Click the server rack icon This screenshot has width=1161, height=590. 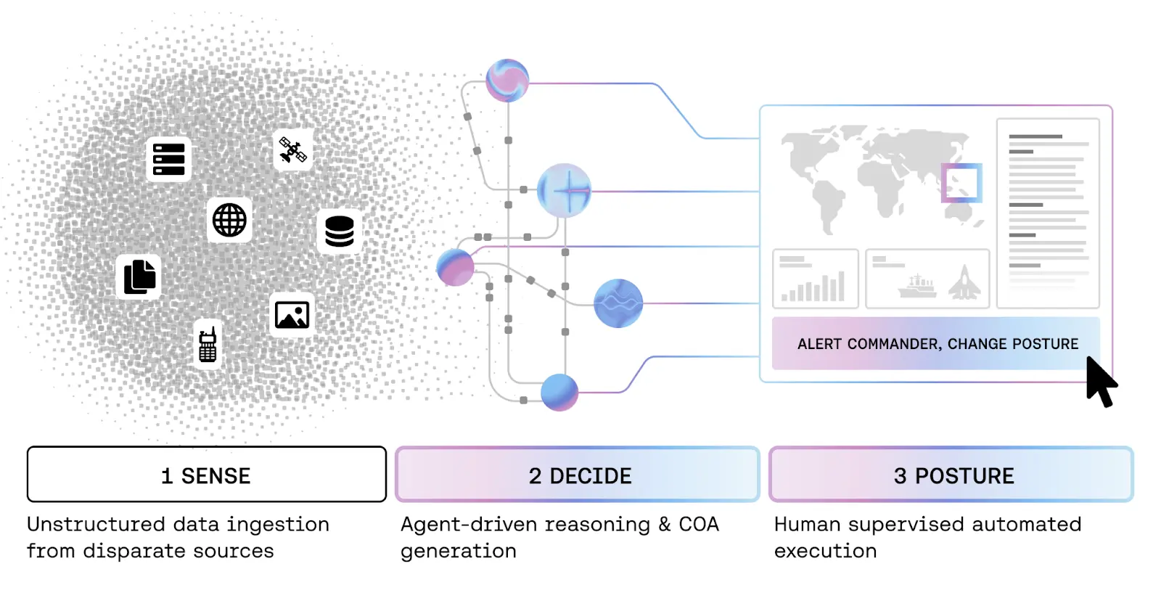click(168, 159)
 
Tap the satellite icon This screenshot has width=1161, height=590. click(293, 150)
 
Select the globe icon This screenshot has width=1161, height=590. click(229, 220)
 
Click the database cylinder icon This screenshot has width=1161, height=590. click(339, 232)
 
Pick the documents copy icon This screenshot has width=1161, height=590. click(139, 276)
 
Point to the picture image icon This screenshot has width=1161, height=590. click(292, 315)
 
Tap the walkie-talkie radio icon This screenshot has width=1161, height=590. click(208, 345)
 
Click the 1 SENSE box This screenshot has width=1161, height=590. click(206, 475)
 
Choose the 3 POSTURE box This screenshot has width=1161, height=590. click(951, 475)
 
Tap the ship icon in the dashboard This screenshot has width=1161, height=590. click(917, 286)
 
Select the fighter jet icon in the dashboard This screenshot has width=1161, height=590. click(964, 282)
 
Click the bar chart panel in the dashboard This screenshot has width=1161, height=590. click(816, 279)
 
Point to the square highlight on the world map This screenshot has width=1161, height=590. click(961, 183)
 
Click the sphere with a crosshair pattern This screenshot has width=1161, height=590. click(564, 191)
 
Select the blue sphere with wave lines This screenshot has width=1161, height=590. click(618, 303)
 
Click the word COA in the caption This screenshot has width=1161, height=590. click(698, 524)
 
